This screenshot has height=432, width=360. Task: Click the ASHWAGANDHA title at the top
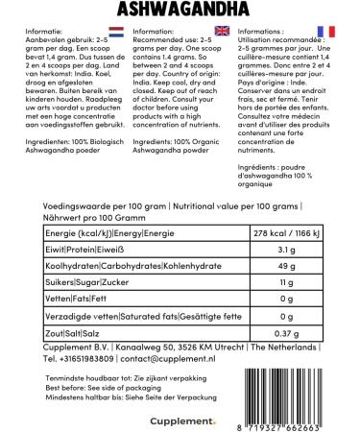pos(180,9)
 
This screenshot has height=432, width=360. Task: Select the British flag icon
pos(222,31)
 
